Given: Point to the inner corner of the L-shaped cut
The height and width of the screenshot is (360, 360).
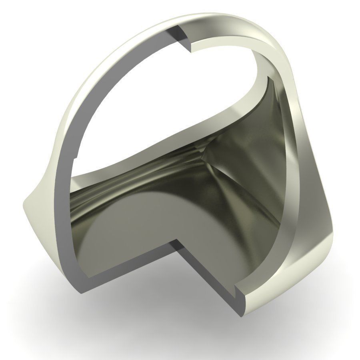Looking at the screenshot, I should pos(176,241).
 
